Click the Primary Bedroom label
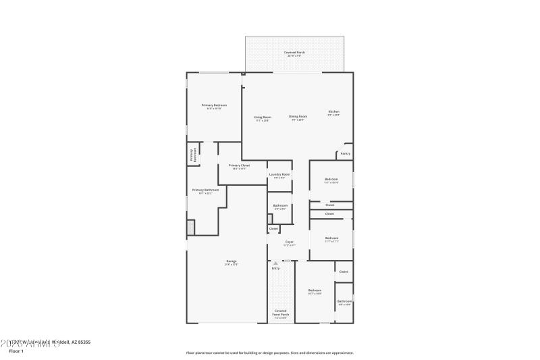click(214, 105)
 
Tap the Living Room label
click(263, 118)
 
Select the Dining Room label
click(298, 117)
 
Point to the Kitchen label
click(333, 112)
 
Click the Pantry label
click(345, 153)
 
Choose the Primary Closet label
click(239, 165)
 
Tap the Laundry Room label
click(279, 175)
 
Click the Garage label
click(231, 261)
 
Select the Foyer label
click(289, 242)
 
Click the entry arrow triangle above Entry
click(275, 263)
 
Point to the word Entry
click(275, 269)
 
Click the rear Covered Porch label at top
click(294, 52)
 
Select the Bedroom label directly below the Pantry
click(331, 179)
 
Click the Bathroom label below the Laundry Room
click(280, 205)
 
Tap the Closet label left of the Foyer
click(273, 228)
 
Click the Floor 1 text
click(16, 351)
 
